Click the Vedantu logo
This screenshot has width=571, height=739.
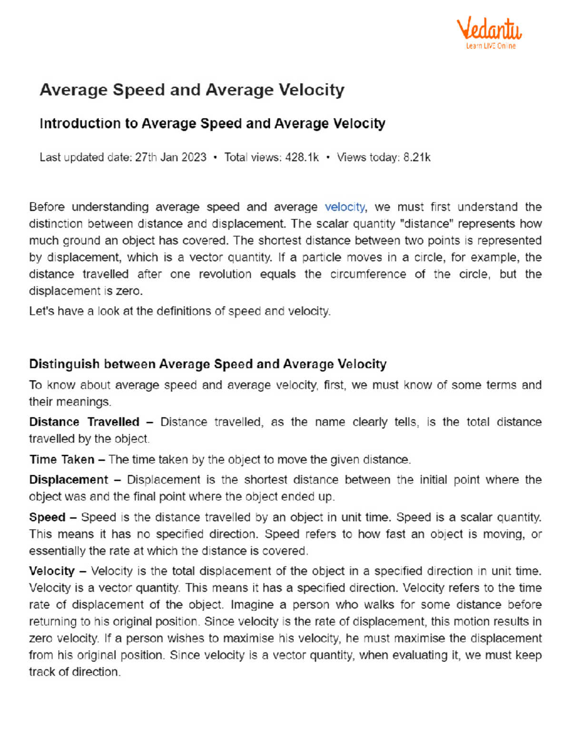click(489, 29)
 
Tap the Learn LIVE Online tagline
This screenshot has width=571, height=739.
click(491, 46)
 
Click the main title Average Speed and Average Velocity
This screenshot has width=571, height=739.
click(192, 90)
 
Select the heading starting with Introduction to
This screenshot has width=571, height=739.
click(212, 124)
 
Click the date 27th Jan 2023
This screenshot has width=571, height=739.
click(170, 158)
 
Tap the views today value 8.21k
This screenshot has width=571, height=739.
click(417, 158)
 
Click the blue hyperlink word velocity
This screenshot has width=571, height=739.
click(345, 207)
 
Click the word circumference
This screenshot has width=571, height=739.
click(368, 274)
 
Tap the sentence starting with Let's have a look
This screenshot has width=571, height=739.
click(179, 311)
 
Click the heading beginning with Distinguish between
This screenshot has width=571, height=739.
click(207, 364)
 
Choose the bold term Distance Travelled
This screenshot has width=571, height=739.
click(84, 422)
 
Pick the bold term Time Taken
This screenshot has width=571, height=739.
click(62, 460)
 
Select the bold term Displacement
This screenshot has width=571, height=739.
click(69, 480)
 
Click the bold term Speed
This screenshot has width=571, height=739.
click(47, 517)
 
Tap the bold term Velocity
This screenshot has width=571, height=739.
click(52, 571)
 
